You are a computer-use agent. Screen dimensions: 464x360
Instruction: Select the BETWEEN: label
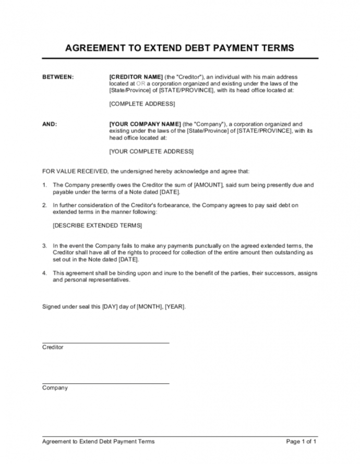[58, 77]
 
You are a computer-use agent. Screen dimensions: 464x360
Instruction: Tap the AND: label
[50, 124]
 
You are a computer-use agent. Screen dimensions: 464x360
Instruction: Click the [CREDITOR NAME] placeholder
[137, 77]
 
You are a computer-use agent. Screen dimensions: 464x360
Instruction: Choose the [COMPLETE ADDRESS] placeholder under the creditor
[142, 104]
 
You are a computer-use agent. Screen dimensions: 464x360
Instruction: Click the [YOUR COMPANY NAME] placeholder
[145, 124]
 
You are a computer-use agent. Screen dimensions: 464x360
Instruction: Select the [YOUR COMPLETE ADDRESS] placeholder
[151, 151]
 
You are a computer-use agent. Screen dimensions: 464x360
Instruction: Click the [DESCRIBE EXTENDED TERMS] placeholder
[97, 225]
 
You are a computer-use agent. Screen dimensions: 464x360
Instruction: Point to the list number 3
[44, 246]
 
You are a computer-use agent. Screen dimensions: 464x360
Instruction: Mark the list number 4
[44, 273]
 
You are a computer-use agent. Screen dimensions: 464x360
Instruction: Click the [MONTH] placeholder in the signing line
[149, 307]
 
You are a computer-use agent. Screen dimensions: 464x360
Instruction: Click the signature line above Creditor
[105, 343]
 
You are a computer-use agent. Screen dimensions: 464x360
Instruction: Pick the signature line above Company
[105, 383]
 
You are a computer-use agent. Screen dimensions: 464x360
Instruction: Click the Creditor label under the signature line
[53, 347]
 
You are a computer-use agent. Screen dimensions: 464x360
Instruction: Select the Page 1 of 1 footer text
[302, 442]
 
